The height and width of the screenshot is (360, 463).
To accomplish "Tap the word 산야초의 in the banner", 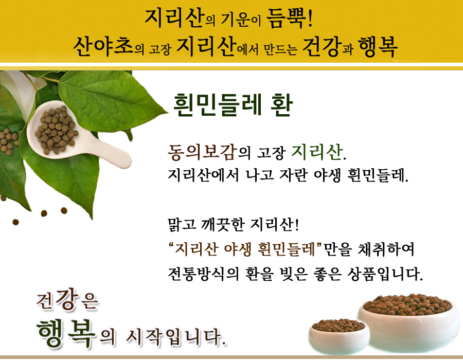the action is (x=109, y=47).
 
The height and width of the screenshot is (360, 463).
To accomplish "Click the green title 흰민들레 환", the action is (x=233, y=105).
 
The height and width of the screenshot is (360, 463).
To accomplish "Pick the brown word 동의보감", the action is (x=203, y=152).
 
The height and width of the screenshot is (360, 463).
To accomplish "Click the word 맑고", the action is (x=182, y=225).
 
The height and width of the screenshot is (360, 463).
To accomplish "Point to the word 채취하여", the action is (x=386, y=249).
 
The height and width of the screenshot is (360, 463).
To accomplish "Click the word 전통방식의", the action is (x=203, y=274).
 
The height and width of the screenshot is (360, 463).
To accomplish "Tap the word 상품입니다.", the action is (x=385, y=274).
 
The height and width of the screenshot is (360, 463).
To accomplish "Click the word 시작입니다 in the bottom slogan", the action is (x=176, y=337).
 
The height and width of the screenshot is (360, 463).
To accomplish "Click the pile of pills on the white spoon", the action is (x=56, y=130).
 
